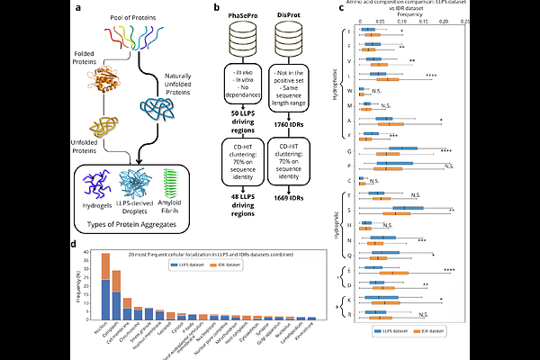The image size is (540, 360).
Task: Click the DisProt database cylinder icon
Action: click(x=287, y=38)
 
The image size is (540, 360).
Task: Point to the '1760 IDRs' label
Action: click(x=288, y=112)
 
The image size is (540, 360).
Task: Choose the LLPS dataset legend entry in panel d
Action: click(x=188, y=265)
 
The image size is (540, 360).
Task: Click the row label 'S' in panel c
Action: click(x=348, y=211)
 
